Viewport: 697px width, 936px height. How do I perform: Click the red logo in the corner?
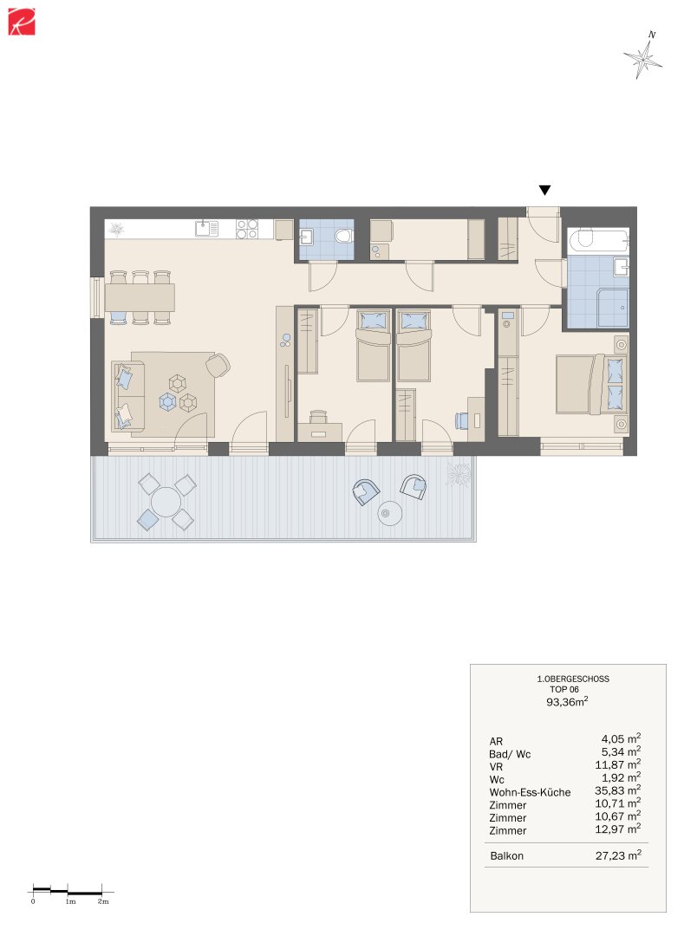tap(22, 22)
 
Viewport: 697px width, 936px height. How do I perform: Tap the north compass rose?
tap(643, 55)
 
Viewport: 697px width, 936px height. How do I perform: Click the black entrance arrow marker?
tap(544, 191)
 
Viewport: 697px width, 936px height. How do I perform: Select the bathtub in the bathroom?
tap(597, 239)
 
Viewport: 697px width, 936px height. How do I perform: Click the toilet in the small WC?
tap(343, 237)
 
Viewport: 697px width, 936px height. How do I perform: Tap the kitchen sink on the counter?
tap(206, 228)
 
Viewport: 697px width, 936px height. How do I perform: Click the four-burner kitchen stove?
tap(247, 229)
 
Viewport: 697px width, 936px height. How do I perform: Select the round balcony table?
tap(166, 502)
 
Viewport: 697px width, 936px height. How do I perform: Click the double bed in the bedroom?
tap(591, 385)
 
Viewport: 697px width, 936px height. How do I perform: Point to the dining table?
tap(140, 296)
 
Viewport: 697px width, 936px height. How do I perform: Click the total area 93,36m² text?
tap(567, 702)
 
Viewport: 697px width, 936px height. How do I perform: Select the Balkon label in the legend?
tap(506, 856)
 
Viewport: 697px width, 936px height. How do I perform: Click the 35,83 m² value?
tap(617, 791)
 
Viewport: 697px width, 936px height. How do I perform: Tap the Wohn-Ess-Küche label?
tap(530, 793)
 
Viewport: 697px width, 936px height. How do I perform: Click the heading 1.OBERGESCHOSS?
tap(573, 679)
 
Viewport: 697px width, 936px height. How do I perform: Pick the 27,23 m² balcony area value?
tap(618, 855)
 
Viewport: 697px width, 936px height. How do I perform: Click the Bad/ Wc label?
tap(510, 755)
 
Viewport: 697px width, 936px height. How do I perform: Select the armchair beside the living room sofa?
tap(218, 365)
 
